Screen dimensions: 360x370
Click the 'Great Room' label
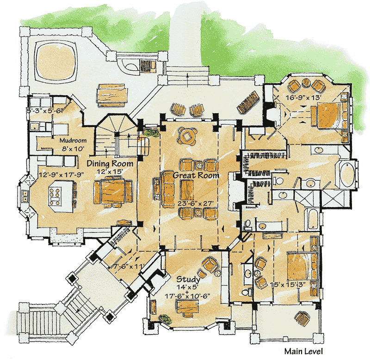pyautogui.click(x=196, y=176)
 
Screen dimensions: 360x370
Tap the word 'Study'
pyautogui.click(x=188, y=280)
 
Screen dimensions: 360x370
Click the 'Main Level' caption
pyautogui.click(x=303, y=351)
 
